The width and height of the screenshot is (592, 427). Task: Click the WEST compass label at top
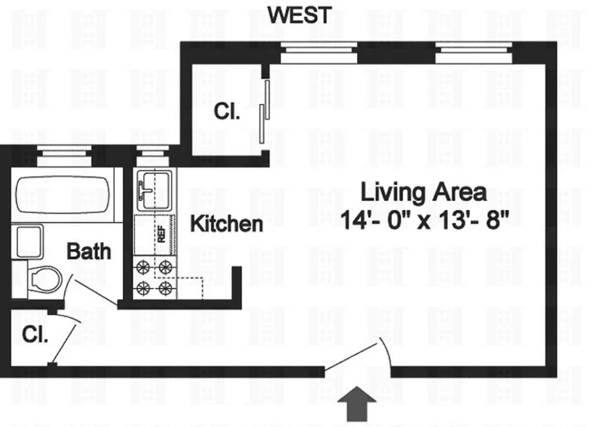[x=299, y=15]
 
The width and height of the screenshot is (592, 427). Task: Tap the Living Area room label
[x=423, y=192]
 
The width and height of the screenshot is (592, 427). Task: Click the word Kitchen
[x=226, y=224]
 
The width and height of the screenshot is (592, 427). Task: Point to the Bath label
[x=89, y=251]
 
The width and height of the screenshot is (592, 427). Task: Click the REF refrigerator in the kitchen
[x=155, y=234]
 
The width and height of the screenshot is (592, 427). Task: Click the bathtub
[x=63, y=195]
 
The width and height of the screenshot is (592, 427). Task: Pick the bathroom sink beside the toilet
[x=29, y=242]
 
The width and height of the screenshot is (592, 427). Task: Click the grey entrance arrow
[x=357, y=403]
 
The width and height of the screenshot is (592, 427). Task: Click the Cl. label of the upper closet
[x=227, y=112]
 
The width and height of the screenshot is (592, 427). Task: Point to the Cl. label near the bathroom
[x=35, y=334]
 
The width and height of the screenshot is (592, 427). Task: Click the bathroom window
[x=64, y=155]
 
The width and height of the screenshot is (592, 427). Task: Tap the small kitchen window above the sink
[x=154, y=155]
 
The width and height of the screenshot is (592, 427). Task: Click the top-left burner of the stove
[x=142, y=268]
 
